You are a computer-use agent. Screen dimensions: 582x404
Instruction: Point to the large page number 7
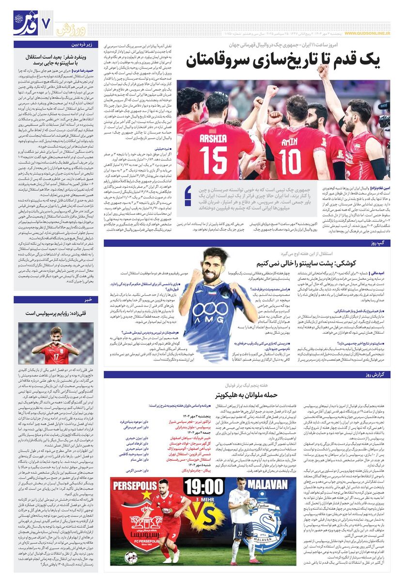47,23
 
